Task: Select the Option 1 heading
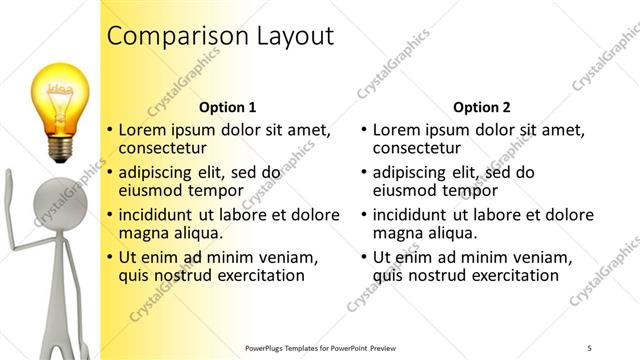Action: pyautogui.click(x=227, y=107)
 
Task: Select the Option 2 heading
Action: pyautogui.click(x=481, y=107)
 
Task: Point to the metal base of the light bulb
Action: pyautogui.click(x=61, y=148)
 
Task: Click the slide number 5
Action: pyautogui.click(x=590, y=347)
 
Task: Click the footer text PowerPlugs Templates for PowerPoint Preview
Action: pyautogui.click(x=321, y=347)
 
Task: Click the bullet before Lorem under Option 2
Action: pyautogui.click(x=363, y=131)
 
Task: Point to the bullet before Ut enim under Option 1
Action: pyautogui.click(x=109, y=258)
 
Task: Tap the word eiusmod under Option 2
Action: pyautogui.click(x=405, y=190)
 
